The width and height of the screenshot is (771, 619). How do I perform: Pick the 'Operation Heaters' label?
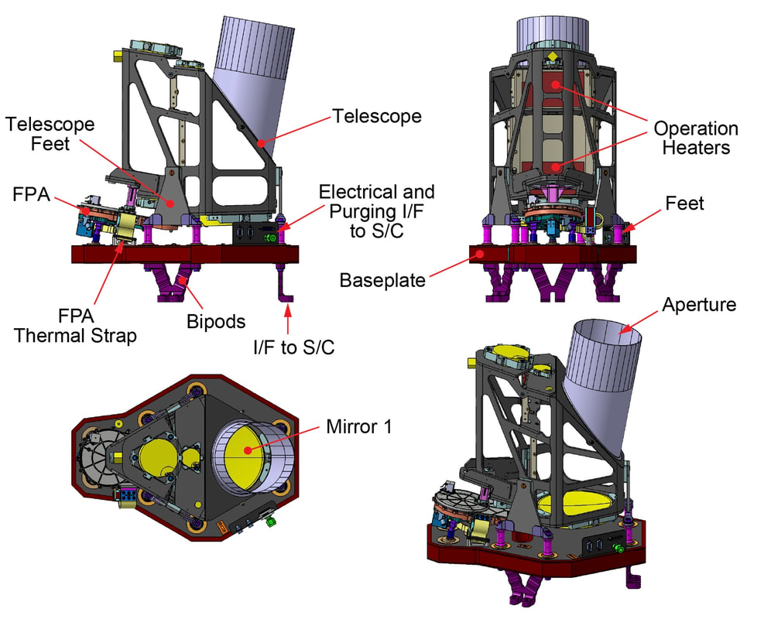click(696, 138)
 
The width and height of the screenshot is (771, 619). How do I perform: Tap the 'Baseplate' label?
click(382, 279)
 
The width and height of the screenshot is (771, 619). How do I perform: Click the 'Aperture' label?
click(699, 305)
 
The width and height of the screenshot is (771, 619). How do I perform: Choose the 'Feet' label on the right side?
click(684, 203)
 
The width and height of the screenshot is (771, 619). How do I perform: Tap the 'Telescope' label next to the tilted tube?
click(377, 116)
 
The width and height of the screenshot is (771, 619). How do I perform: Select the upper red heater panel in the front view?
click(553, 84)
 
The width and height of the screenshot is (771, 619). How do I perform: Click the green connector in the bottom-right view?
click(618, 549)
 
